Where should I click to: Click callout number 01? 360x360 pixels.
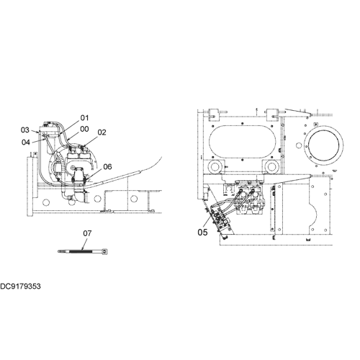pos(84,118)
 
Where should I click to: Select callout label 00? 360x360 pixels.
pos(84,129)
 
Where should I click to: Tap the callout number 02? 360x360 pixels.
pos(102,132)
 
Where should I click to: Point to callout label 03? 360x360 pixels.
pos(24,130)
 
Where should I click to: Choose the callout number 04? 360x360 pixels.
pos(26,143)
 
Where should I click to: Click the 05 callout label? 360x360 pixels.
pos(202,233)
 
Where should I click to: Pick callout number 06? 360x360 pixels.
pos(107,166)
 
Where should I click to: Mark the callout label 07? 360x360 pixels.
pos(87,233)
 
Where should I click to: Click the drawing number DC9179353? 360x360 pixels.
pos(20,287)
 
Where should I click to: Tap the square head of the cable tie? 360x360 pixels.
pos(105,251)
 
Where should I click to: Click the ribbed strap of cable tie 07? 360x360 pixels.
pos(81,251)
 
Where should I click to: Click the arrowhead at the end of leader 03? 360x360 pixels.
pos(37,132)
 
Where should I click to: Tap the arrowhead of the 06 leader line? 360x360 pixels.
pos(88,179)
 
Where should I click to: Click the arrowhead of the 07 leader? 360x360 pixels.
pos(82,250)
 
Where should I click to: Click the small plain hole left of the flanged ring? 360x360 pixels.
pos(299,145)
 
